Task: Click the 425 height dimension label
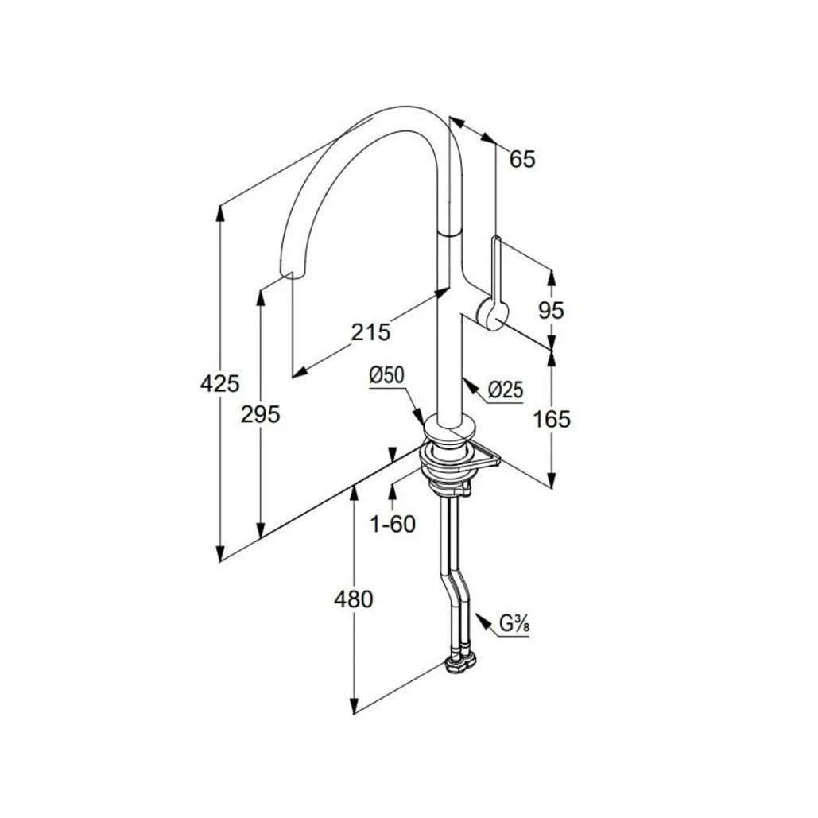(x=219, y=385)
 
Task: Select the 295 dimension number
(x=260, y=415)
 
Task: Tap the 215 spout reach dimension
(x=370, y=332)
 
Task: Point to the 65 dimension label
(x=522, y=159)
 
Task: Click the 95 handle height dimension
(x=551, y=311)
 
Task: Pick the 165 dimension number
(x=552, y=418)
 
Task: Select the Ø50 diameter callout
(x=387, y=375)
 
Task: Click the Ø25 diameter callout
(x=505, y=390)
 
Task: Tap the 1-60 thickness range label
(x=393, y=525)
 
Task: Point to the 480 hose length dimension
(x=353, y=599)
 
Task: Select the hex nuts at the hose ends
(x=459, y=662)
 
